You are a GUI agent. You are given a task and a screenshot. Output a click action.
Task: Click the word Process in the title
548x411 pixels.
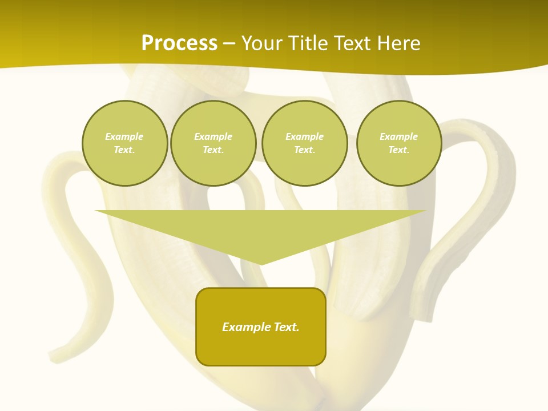click(x=179, y=43)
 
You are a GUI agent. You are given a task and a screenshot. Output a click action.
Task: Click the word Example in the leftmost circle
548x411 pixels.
click(x=124, y=136)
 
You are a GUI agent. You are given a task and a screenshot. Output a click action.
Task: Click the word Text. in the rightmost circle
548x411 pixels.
click(x=399, y=150)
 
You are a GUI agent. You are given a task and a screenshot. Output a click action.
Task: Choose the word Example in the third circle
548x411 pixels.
click(x=304, y=136)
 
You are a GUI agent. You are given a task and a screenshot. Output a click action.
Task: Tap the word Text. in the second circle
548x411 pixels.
click(x=213, y=150)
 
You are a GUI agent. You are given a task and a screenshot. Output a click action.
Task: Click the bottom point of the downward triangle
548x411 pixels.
click(x=261, y=263)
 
